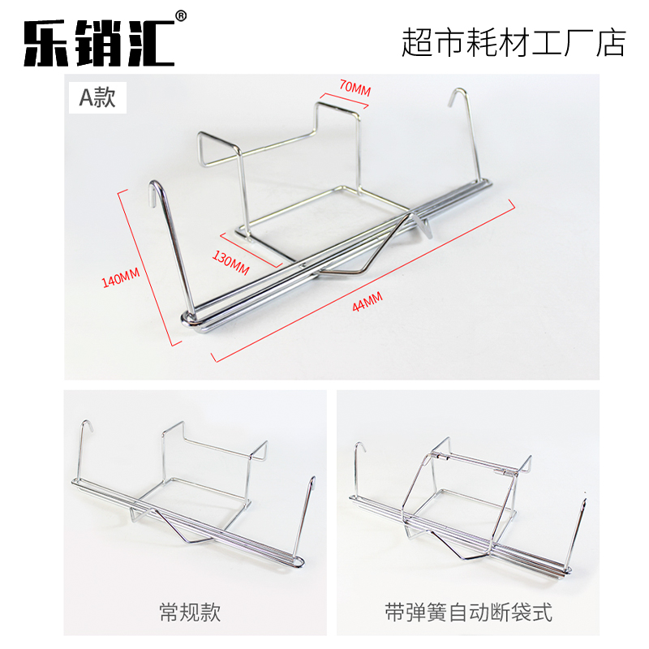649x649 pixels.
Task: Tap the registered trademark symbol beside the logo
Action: click(181, 15)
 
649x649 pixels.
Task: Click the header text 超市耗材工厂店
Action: click(514, 42)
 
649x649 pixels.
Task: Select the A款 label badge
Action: click(97, 98)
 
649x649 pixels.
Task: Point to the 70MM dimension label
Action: click(355, 87)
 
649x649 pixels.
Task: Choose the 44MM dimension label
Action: click(367, 301)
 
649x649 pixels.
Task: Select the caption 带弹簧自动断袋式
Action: click(467, 611)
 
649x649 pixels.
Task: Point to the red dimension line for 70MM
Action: click(344, 101)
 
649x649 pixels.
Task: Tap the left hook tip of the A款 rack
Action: click(154, 187)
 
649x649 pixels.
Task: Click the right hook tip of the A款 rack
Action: click(456, 91)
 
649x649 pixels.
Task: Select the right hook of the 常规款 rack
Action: click(312, 483)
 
